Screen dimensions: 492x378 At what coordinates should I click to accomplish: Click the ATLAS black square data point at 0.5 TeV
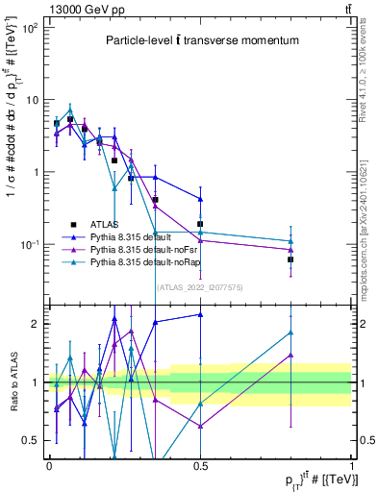[200, 224]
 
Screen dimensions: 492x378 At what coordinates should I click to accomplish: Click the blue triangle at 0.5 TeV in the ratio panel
[200, 314]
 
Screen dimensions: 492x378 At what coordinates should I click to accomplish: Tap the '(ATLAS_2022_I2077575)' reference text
[201, 286]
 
